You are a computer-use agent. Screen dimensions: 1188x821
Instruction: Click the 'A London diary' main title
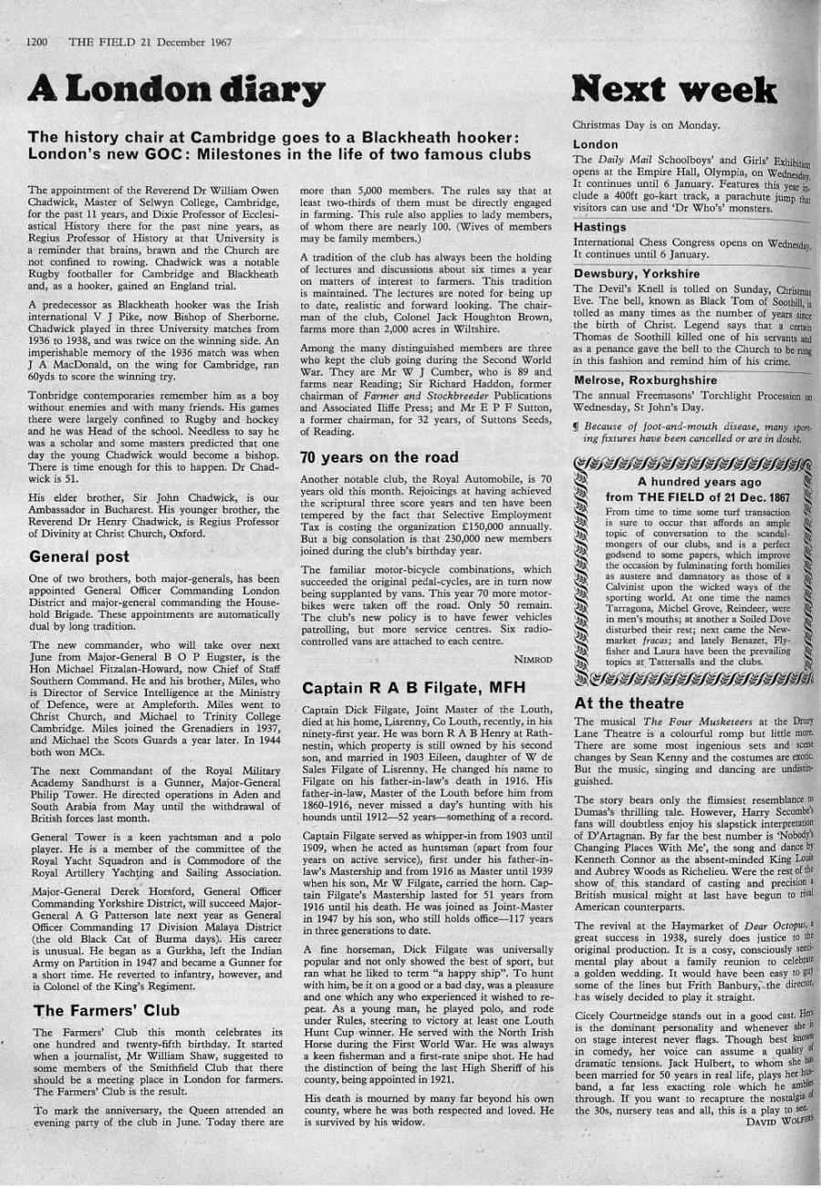click(177, 89)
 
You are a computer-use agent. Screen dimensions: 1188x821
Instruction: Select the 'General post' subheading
click(79, 556)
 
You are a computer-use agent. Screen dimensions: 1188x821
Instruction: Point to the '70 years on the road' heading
click(379, 456)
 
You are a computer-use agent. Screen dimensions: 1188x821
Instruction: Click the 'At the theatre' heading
click(628, 703)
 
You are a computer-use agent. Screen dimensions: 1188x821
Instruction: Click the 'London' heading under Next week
click(595, 144)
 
